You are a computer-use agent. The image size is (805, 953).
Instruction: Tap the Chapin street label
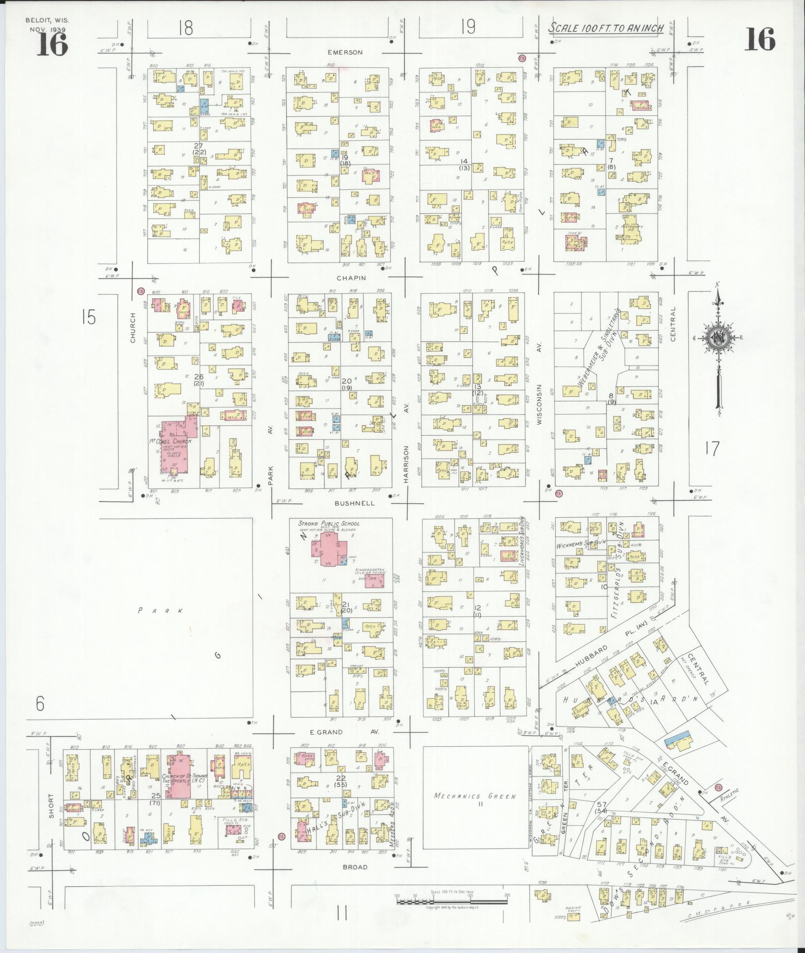[x=352, y=278]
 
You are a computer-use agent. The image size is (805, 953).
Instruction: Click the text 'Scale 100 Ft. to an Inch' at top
[x=606, y=28]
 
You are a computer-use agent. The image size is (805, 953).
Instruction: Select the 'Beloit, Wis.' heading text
[x=47, y=21]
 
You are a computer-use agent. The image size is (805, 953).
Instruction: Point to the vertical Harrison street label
[x=406, y=463]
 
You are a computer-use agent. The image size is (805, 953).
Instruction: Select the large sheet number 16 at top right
[x=760, y=39]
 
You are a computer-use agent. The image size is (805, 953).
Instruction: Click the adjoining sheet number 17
[x=712, y=449]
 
